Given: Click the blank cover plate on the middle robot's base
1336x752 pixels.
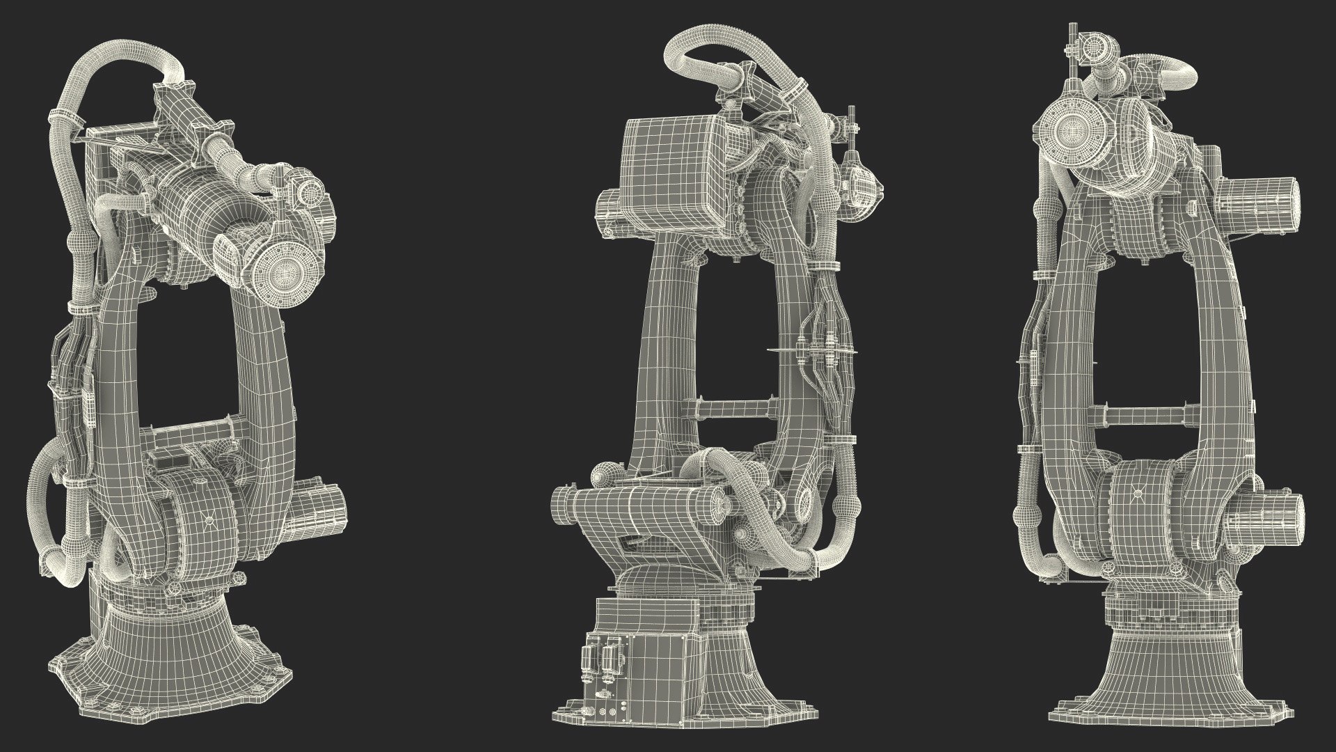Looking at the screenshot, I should pyautogui.click(x=665, y=668).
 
